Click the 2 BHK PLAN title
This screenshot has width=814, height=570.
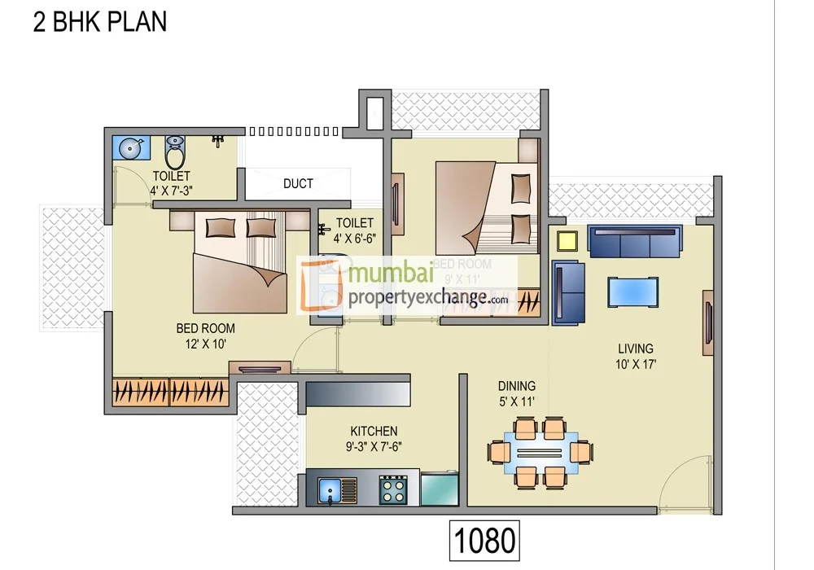coord(99,22)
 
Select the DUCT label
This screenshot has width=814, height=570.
coord(298,183)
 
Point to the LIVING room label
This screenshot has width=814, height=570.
coord(635,349)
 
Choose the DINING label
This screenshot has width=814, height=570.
coord(517,385)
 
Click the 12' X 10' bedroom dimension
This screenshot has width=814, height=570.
coord(205,344)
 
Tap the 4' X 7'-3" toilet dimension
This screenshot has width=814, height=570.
coord(171,191)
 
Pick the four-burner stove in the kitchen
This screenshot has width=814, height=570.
coord(393,490)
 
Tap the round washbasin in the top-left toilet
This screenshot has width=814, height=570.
coord(130,148)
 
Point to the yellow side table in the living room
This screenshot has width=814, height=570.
coord(567,240)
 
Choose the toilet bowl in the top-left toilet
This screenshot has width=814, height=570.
coord(175,150)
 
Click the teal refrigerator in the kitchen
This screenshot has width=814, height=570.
coord(439,489)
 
